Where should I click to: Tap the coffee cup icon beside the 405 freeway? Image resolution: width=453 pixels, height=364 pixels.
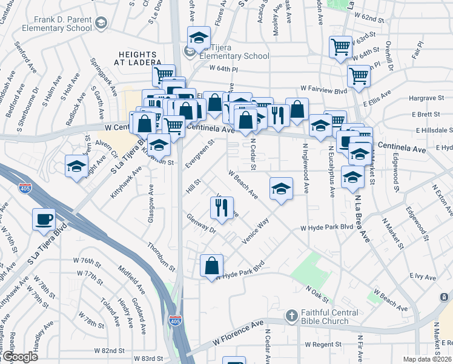pyautogui.click(x=44, y=219)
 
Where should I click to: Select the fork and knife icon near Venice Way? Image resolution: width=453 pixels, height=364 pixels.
pyautogui.click(x=222, y=208)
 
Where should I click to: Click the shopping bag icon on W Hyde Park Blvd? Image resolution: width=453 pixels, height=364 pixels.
pyautogui.click(x=212, y=265)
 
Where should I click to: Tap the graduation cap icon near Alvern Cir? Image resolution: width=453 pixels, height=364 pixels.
pyautogui.click(x=77, y=166)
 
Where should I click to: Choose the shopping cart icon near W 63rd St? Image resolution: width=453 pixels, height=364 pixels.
pyautogui.click(x=340, y=46)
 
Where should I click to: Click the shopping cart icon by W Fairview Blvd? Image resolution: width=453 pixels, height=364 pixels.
pyautogui.click(x=359, y=76)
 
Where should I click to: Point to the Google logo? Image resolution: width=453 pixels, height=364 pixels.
pyautogui.click(x=19, y=357)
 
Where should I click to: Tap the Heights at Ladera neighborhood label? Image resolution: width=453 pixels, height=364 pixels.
pyautogui.click(x=139, y=58)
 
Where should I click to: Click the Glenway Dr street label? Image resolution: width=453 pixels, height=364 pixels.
pyautogui.click(x=202, y=224)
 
